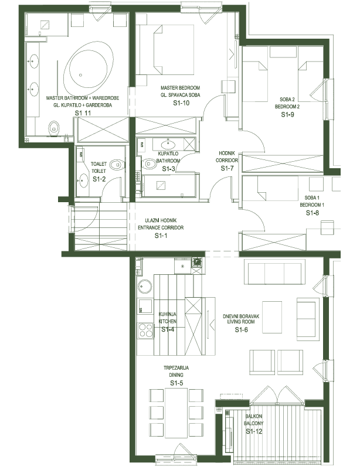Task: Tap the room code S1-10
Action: coord(182,103)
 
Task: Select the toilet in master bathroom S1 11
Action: coord(54,128)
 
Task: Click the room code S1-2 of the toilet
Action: coord(99,179)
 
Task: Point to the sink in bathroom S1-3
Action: coord(168,145)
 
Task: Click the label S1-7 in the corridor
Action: coord(227,168)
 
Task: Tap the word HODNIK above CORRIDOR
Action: coord(227,153)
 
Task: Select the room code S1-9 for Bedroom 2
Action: coord(287,114)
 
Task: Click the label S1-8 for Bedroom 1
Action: coord(313,213)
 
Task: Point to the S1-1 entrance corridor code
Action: coord(161,236)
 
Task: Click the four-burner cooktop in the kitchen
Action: coord(145,331)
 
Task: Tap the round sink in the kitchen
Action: coord(145,287)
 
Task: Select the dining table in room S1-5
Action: coord(176,413)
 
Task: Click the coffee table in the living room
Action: coord(272,317)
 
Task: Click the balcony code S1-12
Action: coord(254,431)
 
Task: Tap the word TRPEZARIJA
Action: coord(176,368)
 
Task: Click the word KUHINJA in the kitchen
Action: coord(168,314)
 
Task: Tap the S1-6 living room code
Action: coord(242,330)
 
